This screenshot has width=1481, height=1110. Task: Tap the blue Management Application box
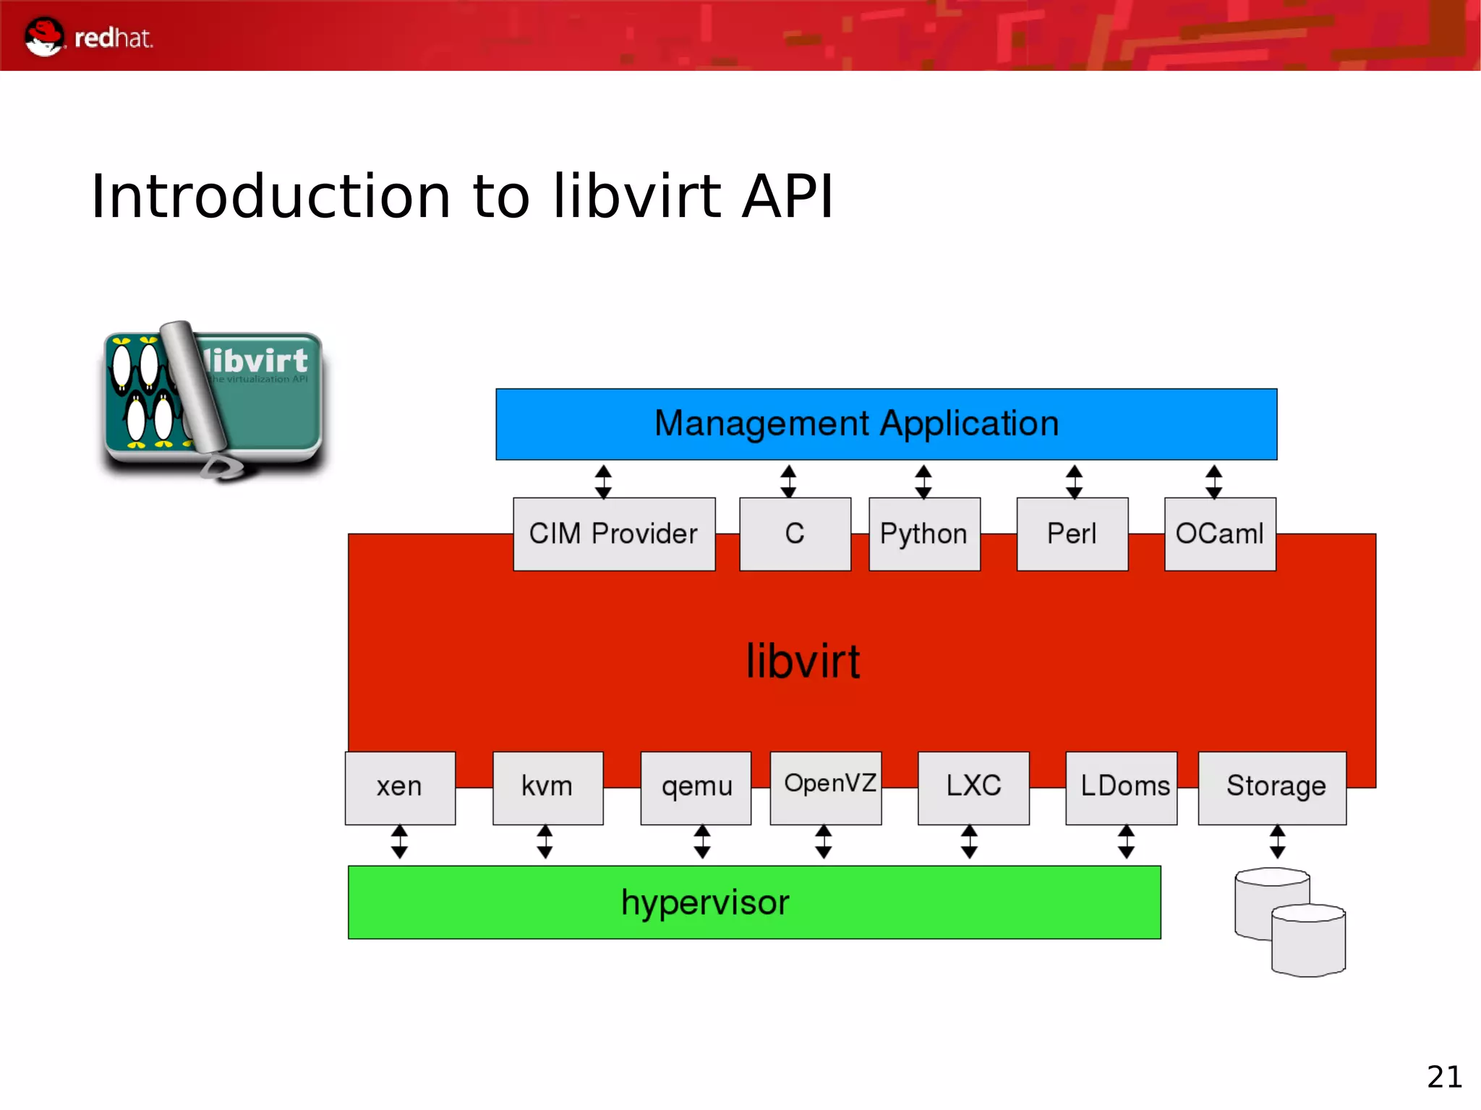coord(886,424)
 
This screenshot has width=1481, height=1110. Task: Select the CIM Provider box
coord(614,534)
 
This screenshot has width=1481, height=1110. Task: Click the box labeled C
coord(795,534)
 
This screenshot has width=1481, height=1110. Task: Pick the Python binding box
coord(924,534)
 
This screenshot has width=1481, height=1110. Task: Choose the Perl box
coord(1072,534)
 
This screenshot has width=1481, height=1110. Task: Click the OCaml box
coord(1220,534)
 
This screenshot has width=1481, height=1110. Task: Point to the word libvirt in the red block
coord(803,661)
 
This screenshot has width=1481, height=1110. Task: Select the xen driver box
coord(400,787)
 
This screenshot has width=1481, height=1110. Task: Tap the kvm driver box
coord(547,787)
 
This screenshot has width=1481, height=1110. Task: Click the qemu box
coord(696,787)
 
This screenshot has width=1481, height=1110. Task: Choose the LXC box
coord(973,787)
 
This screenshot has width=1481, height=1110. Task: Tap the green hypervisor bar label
coord(705,902)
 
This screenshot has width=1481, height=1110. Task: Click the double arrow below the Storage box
coord(1278,842)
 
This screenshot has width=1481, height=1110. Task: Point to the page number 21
coord(1444,1077)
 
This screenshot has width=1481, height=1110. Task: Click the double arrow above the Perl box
coord(1074,482)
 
